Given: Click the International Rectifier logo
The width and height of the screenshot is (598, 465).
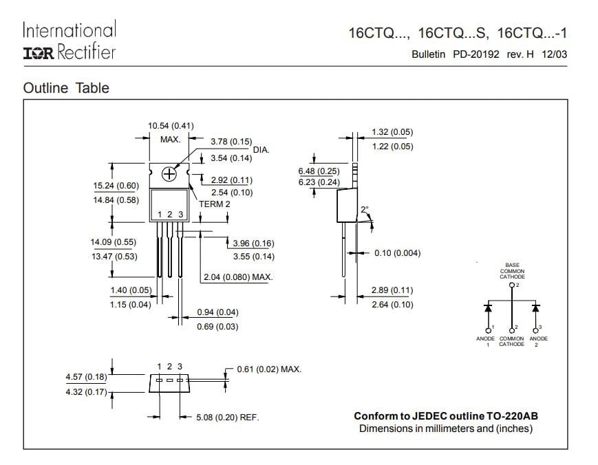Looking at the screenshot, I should [70, 41].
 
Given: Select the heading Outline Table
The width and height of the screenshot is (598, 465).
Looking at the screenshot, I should [66, 88].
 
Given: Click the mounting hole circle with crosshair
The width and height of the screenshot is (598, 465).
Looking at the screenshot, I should [169, 174].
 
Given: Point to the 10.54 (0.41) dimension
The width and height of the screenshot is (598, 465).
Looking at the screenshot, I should [171, 126].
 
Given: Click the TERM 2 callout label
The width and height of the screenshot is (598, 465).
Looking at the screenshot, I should [215, 204].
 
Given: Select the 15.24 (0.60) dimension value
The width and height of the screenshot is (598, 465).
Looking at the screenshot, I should [116, 186].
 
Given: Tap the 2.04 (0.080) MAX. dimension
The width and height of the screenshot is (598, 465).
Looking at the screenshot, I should [238, 277].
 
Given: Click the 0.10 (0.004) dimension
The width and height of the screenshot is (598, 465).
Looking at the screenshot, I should [397, 253].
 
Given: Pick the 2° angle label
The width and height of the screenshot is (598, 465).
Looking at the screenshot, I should [365, 209].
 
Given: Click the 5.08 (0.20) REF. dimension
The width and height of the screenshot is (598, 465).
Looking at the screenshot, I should [228, 418].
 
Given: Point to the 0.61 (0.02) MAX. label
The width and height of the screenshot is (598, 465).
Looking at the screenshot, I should [269, 369].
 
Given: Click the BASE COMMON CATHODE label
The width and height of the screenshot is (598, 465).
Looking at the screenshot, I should [512, 271].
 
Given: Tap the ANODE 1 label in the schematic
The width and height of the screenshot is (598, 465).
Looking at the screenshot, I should [487, 341].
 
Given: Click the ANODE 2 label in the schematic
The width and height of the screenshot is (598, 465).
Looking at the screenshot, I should [539, 341].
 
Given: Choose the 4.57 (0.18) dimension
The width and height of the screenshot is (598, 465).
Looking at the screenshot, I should [86, 377].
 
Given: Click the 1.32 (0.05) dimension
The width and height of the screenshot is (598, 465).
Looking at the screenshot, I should [392, 132].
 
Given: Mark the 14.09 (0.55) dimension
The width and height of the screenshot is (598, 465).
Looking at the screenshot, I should [114, 242].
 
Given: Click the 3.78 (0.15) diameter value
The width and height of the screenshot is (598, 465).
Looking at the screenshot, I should [231, 142].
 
